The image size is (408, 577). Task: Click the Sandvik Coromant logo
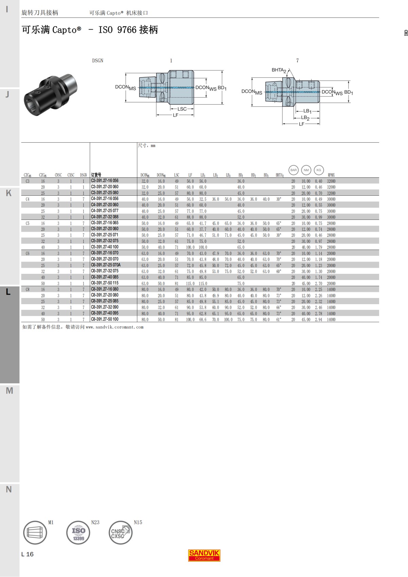tap(204, 555)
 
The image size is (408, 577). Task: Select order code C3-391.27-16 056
tap(105, 181)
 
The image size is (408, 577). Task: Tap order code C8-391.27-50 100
tap(105, 319)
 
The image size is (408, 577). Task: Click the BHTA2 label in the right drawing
tap(278, 70)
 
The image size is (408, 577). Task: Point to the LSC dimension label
tap(182, 109)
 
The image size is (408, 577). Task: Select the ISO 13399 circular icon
tap(78, 533)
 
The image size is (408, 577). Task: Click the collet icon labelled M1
tap(35, 533)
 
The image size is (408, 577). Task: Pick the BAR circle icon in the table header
tap(293, 170)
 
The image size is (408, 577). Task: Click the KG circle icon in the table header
tap(319, 170)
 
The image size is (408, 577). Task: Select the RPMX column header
tap(331, 175)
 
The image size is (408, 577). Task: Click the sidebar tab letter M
tap(10, 391)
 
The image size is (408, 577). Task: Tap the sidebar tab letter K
tap(9, 193)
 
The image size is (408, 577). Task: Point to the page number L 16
tap(27, 554)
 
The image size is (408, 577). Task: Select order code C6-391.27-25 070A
tap(106, 265)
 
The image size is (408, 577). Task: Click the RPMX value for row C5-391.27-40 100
tap(331, 247)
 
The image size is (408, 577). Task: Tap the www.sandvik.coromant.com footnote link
tap(115, 327)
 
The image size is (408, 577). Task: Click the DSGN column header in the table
tap(83, 175)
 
